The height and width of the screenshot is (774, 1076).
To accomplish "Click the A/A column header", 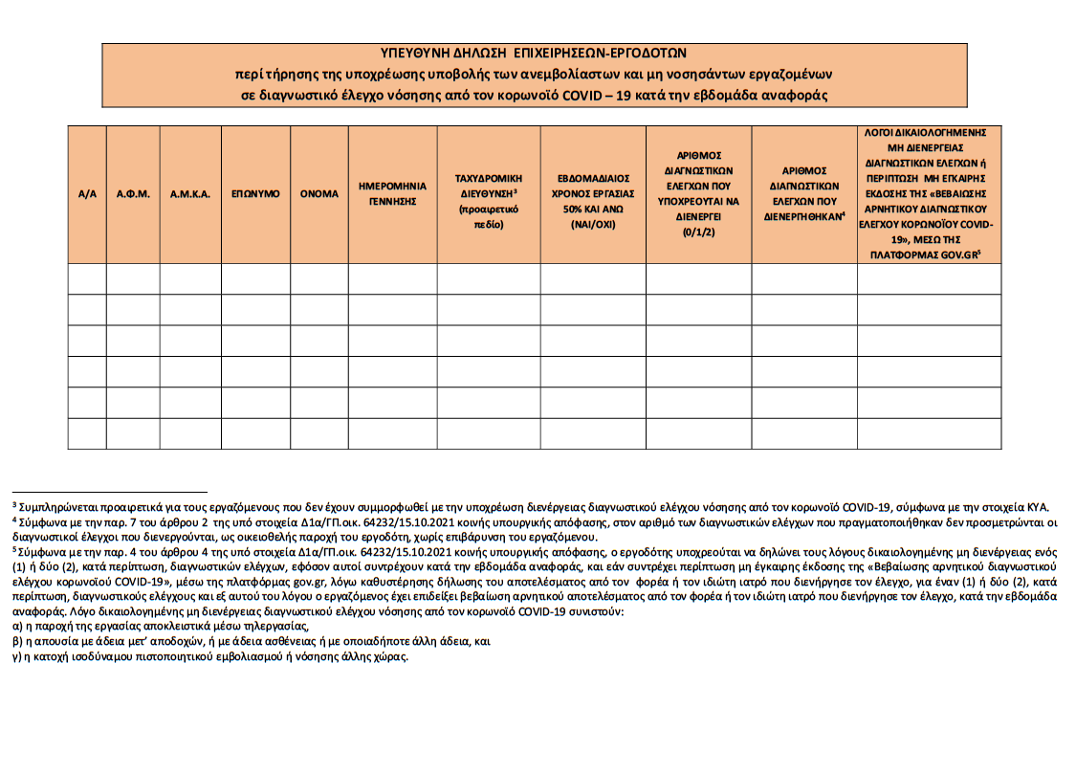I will [87, 193].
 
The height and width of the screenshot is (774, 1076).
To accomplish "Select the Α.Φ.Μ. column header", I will [133, 193].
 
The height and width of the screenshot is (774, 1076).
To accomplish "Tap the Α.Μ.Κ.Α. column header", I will [190, 193].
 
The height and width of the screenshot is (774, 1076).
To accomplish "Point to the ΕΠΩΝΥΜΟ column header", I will [255, 193].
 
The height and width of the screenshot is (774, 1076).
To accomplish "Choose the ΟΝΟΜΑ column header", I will [319, 193].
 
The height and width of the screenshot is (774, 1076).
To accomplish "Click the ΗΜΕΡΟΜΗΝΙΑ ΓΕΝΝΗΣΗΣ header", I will [392, 193].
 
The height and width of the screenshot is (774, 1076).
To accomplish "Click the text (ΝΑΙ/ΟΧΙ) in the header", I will [592, 225].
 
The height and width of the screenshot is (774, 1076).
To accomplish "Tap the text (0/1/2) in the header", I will [698, 232].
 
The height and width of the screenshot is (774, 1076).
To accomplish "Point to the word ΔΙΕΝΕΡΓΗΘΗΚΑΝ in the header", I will [802, 217].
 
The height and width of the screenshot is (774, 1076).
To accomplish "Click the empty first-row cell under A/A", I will [87, 278].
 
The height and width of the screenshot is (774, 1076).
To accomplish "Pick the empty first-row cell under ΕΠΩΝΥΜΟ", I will [255, 278].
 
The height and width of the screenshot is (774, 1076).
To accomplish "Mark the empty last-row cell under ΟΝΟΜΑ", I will [319, 433].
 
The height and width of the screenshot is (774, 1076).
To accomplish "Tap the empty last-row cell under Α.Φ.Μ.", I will [133, 433].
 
